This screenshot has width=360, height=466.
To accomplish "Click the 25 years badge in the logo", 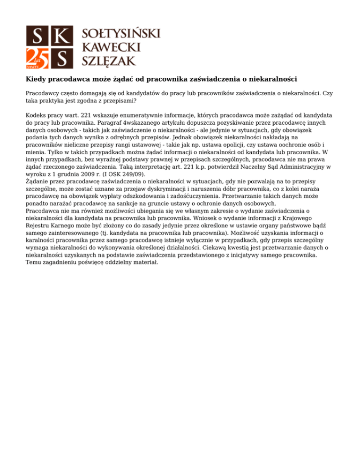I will pyautogui.click(x=36, y=58).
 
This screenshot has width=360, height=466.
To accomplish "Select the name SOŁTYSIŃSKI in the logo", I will pyautogui.click(x=121, y=33).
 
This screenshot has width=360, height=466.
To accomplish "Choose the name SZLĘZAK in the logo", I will pyautogui.click(x=109, y=60).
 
